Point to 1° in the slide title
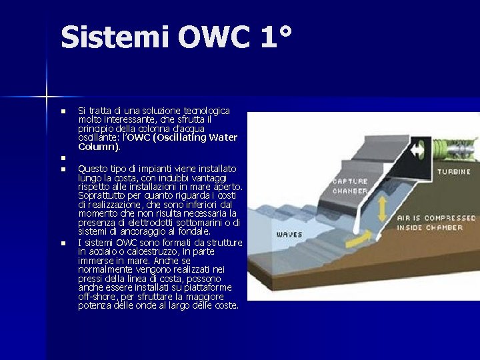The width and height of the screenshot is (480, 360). (x=275, y=37)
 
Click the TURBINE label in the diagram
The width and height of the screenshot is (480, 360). (x=454, y=171)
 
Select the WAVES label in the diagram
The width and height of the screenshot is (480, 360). (x=290, y=235)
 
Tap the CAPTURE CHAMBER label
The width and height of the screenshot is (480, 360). (x=349, y=186)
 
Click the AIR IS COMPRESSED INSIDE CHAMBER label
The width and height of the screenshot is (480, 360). (x=436, y=223)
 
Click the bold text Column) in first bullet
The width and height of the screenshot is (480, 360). (x=99, y=146)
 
